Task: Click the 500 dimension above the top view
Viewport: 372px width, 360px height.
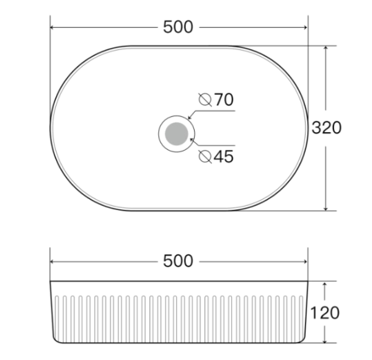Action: [x=179, y=27]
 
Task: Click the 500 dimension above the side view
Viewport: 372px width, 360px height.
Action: [x=179, y=261]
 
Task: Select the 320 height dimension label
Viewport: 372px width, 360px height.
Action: [x=327, y=128]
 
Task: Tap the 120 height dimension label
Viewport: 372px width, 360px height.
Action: [x=325, y=312]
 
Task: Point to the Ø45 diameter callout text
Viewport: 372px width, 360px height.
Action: [x=216, y=157]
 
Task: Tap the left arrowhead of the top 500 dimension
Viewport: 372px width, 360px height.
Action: [x=53, y=27]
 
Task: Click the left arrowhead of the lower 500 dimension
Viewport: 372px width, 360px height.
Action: [x=53, y=261]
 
